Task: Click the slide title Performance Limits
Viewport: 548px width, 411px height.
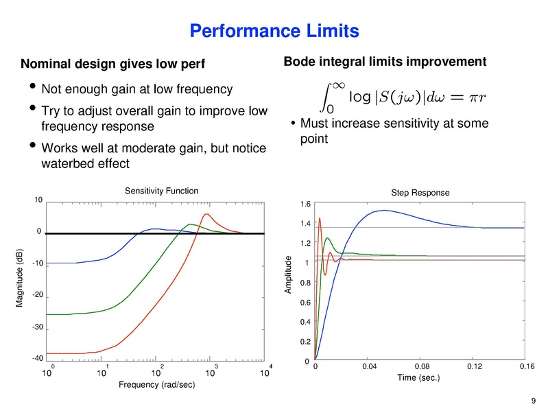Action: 274,31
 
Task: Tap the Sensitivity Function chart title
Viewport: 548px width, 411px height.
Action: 161,191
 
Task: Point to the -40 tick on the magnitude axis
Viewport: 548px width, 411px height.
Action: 38,358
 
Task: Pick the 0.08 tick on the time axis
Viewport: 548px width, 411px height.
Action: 421,367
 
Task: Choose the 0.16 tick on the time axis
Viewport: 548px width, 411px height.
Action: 526,367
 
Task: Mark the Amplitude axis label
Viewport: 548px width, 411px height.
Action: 289,276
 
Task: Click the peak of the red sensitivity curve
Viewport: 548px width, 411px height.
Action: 206,214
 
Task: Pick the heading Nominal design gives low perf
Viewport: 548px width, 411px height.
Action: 114,64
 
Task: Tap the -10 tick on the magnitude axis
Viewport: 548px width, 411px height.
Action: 38,263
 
